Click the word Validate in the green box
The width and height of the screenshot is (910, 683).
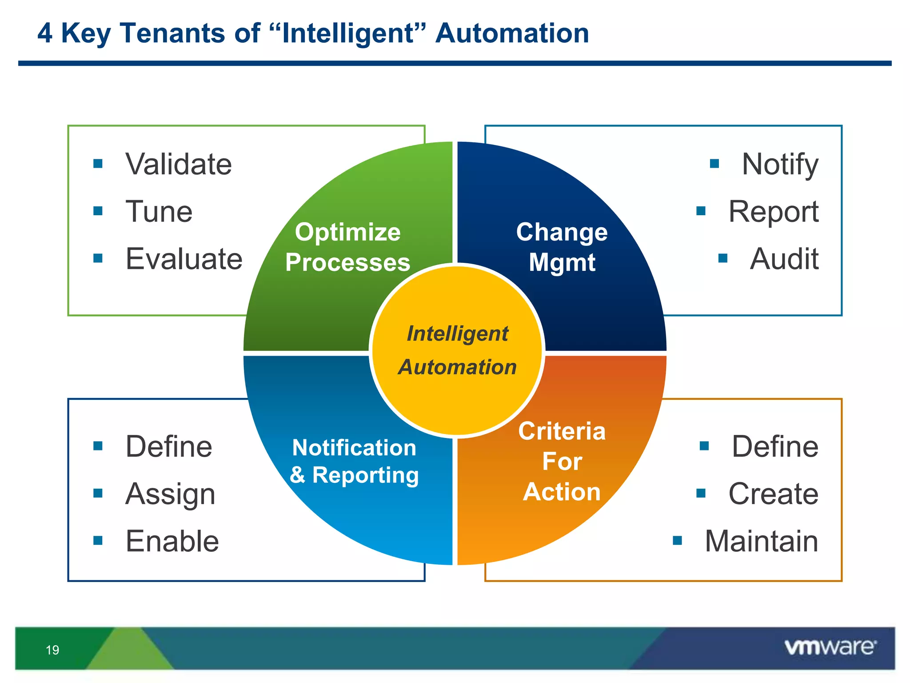(178, 164)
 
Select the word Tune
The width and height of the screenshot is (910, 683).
(159, 211)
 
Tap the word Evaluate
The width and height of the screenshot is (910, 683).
(184, 259)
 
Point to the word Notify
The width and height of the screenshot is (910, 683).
(780, 165)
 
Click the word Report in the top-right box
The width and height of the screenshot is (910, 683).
(773, 212)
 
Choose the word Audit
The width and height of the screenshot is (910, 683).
(784, 259)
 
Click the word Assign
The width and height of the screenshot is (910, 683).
(170, 494)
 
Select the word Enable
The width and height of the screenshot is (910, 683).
(172, 541)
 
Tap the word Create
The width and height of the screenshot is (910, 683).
(773, 494)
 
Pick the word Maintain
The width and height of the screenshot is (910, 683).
(761, 541)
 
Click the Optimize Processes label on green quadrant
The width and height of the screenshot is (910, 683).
(347, 247)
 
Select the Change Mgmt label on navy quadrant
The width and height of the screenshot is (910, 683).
(562, 247)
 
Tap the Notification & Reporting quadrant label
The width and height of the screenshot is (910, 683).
(354, 461)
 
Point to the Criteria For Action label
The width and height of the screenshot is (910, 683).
(562, 462)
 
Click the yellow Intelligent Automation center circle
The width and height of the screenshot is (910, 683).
(457, 350)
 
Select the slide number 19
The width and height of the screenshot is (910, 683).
(52, 650)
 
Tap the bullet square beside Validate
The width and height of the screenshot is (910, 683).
(98, 164)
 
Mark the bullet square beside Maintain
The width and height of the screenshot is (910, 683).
(677, 541)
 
